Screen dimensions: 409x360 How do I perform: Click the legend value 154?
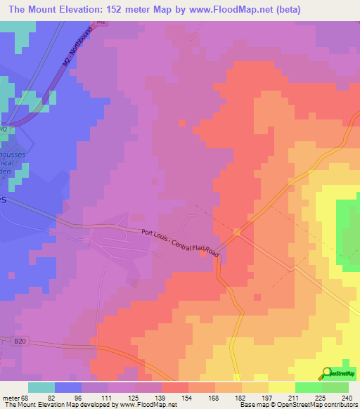[x=186, y=397]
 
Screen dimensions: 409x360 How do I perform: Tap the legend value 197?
[x=266, y=397]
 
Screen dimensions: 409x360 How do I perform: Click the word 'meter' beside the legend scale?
[x=8, y=397]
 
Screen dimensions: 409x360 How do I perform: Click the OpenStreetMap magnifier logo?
[x=326, y=372]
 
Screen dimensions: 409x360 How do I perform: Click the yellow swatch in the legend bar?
[x=282, y=387]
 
